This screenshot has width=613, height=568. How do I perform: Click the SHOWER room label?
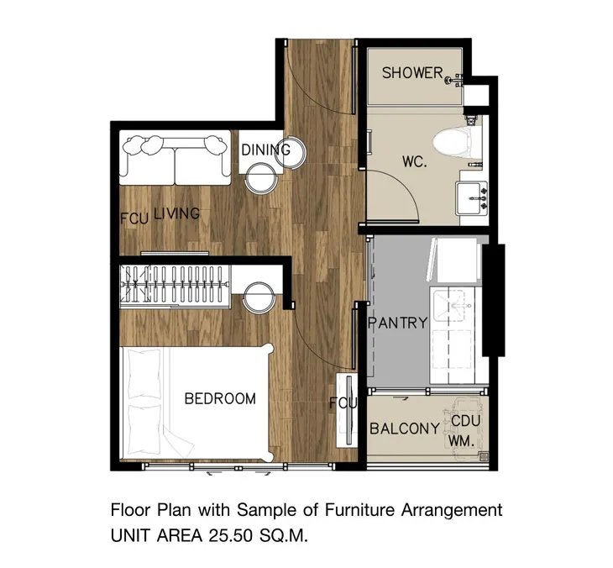point(412,73)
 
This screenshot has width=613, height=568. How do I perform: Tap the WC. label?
point(414,161)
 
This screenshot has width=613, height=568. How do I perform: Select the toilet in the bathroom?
point(456,145)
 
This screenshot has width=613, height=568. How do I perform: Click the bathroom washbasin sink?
point(472,197)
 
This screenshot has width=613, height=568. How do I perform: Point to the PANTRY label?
point(399,323)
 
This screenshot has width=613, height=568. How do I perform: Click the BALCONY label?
point(405,429)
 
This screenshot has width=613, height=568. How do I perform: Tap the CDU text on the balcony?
point(465,421)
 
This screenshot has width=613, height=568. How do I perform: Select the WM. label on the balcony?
point(461,441)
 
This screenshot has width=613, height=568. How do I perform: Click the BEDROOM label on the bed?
point(220,398)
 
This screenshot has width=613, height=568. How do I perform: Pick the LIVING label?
point(176,213)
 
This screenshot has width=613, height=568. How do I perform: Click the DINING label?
point(266,150)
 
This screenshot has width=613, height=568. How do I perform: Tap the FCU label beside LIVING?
point(134,218)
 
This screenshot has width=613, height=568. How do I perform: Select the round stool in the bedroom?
point(259,297)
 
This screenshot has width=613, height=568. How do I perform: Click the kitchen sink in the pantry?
point(448,306)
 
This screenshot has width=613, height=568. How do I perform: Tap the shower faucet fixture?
point(454,80)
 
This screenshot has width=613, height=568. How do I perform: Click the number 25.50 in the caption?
point(230,536)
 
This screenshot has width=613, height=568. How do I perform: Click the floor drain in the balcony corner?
point(484,456)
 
